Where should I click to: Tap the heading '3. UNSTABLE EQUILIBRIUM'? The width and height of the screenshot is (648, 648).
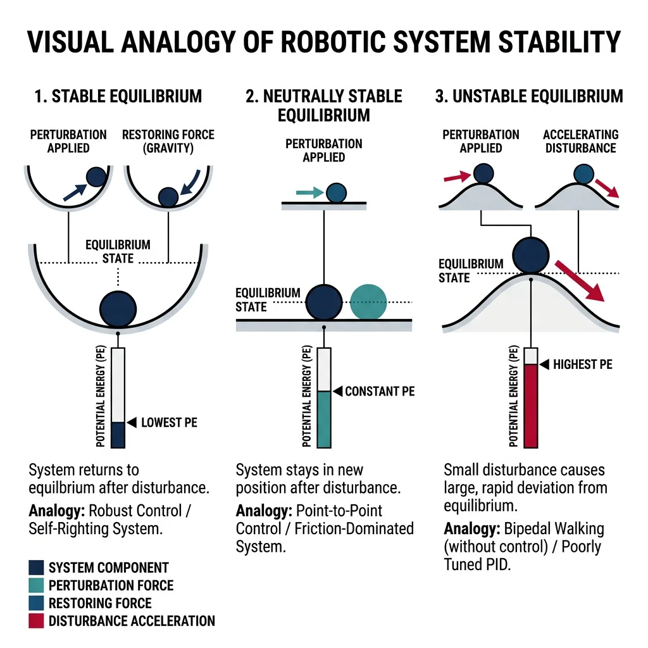529,96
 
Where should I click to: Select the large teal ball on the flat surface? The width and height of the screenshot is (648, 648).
368,301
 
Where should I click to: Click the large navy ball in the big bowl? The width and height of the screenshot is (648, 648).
118,308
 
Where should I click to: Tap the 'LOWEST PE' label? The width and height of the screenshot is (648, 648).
169,422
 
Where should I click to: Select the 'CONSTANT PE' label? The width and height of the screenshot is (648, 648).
380,391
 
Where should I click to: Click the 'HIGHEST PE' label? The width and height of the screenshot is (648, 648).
582,364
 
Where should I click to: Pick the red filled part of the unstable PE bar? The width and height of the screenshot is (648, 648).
530,405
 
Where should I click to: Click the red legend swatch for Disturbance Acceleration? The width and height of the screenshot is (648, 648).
36,621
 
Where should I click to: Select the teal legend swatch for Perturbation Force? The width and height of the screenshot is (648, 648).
36,585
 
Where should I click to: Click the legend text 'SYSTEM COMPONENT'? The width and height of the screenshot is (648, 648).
108,568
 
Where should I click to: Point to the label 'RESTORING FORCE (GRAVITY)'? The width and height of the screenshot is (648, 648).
168,141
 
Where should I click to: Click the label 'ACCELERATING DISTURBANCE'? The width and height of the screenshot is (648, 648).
580,141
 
